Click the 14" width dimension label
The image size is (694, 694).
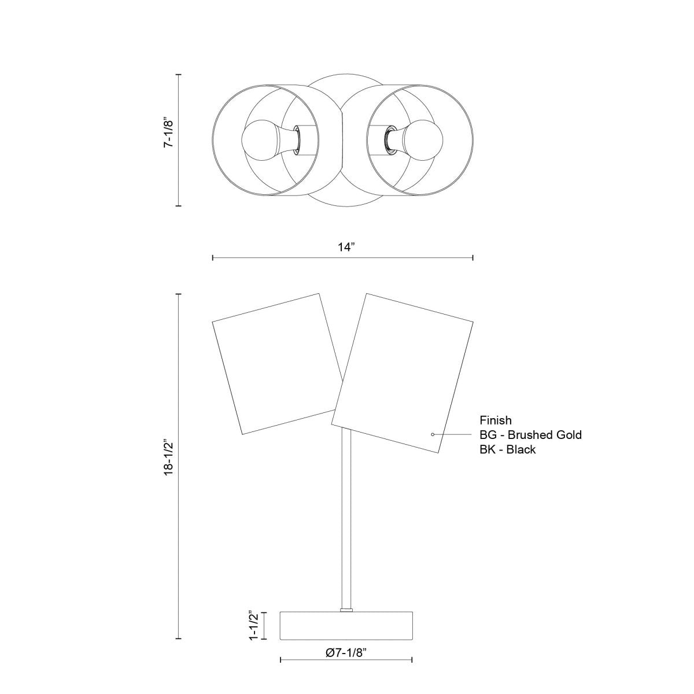click(345, 248)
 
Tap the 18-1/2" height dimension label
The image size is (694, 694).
click(168, 459)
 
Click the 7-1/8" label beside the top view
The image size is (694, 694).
click(168, 134)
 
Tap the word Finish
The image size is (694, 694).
click(496, 420)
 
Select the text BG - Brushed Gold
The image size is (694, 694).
click(530, 435)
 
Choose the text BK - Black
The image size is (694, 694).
click(507, 449)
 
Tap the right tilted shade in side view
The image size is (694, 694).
click(403, 373)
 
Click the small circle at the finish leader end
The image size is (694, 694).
click(433, 434)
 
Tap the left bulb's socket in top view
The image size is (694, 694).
click(296, 141)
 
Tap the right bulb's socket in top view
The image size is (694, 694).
click(388, 141)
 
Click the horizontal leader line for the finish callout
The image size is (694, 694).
click(454, 434)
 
